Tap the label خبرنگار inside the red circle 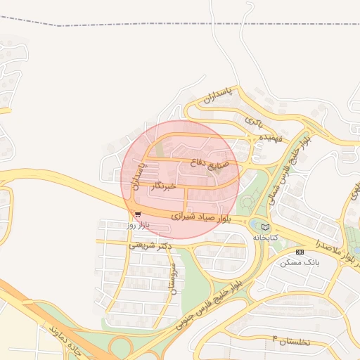[x=161, y=187]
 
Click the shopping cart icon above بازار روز [x=137, y=214]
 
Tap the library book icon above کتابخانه [x=265, y=227]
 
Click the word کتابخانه [x=265, y=238]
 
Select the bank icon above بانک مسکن [x=300, y=251]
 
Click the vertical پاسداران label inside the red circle [x=138, y=176]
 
